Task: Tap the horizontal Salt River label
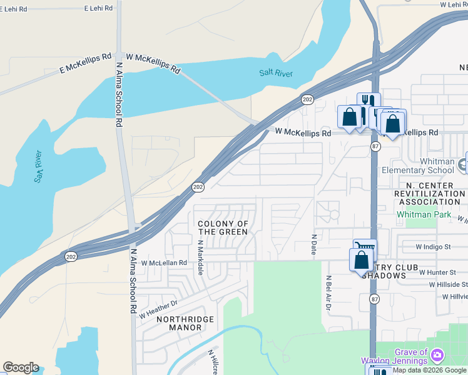point(276,73)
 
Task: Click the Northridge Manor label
point(185,323)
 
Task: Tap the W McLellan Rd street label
point(163,264)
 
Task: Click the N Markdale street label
point(200,257)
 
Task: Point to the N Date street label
point(314,244)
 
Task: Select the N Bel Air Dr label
point(327,294)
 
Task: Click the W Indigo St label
point(429,247)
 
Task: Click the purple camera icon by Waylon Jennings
point(438,356)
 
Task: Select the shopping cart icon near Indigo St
point(365,247)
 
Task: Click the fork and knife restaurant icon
point(369,101)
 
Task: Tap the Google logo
point(21,367)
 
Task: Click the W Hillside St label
point(449,284)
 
